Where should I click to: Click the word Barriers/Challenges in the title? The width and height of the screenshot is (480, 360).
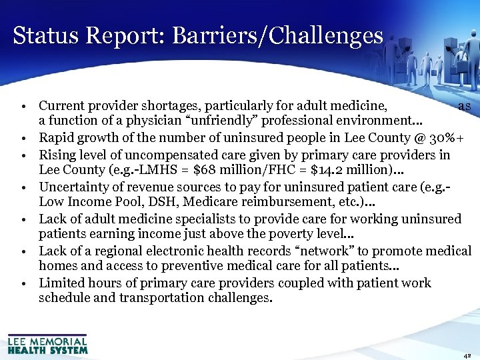tap(277, 35)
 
